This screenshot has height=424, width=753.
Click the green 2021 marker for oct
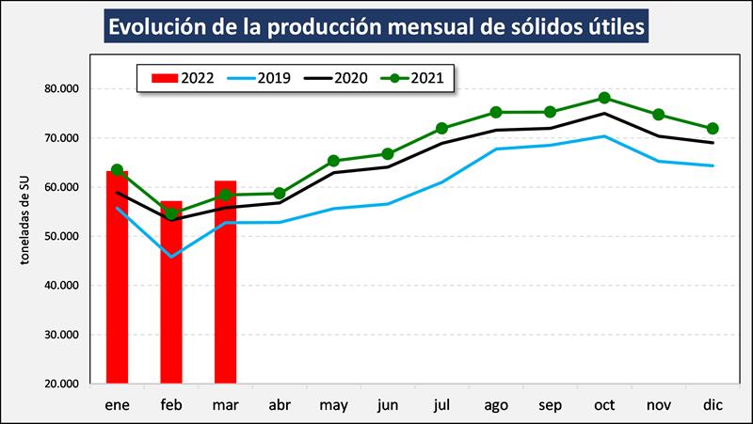pos(604,98)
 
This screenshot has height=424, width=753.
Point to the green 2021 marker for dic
pos(713,129)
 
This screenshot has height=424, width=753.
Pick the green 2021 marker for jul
pos(441,128)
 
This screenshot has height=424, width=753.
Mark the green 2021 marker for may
pos(333,161)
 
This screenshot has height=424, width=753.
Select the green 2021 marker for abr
pos(280,194)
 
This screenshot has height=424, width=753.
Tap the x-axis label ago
pos(496,404)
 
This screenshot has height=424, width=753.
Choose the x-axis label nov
pos(658,404)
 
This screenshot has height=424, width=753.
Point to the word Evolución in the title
pos(161,27)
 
